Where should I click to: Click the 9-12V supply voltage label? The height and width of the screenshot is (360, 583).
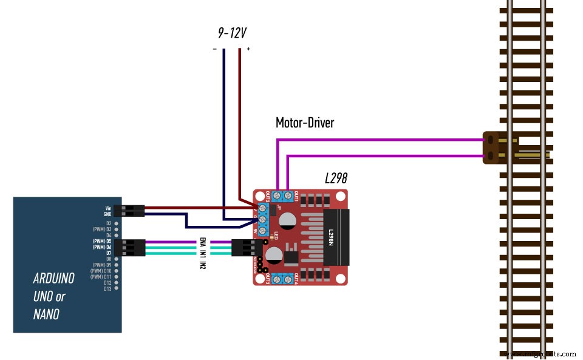232,33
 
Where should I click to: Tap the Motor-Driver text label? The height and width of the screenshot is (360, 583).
305,123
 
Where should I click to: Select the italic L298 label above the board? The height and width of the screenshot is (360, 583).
336,178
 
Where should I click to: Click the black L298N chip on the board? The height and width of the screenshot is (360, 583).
335,237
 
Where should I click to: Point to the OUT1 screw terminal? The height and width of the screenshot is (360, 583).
288,196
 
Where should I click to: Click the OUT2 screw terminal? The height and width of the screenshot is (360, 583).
277,196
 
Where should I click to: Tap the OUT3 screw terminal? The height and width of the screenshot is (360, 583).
277,279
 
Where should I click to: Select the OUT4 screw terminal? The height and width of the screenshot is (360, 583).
288,279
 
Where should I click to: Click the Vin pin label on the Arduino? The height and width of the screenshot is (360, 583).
108,208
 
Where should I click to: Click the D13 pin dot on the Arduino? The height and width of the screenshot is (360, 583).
115,288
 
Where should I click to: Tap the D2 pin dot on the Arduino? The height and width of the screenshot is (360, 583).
115,223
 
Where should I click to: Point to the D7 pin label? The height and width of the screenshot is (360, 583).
109,253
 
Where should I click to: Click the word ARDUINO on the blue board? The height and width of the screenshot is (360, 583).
54,279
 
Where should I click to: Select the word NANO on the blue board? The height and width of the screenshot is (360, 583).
46,314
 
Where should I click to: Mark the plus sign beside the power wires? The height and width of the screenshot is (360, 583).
248,49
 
